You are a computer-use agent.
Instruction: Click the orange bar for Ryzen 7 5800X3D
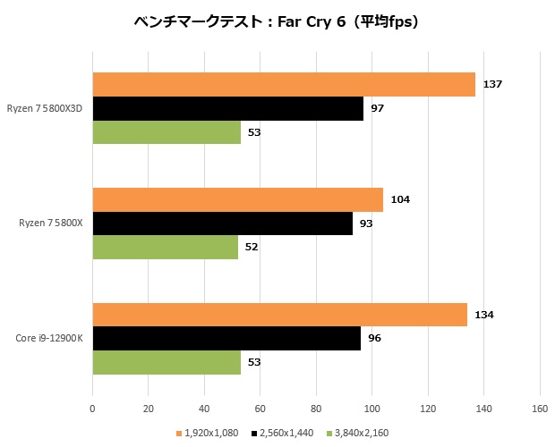[284, 84]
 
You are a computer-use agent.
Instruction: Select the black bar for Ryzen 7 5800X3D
[227, 108]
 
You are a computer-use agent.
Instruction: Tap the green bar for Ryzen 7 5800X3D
[166, 131]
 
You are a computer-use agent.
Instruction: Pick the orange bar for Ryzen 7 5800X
[237, 199]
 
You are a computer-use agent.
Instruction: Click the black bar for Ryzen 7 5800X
[222, 223]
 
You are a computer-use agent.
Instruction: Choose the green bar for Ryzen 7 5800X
[165, 247]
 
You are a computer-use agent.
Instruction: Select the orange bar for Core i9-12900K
[279, 315]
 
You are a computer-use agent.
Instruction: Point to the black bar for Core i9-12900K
[226, 338]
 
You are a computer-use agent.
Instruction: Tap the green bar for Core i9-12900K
[166, 362]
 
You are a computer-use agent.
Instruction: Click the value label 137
[491, 84]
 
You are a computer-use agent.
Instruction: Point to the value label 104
[399, 199]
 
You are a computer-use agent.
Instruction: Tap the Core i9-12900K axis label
[50, 338]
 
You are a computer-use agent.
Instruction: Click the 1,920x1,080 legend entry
[211, 433]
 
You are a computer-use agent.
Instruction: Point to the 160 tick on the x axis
[539, 409]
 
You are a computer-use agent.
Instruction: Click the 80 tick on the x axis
[316, 409]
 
